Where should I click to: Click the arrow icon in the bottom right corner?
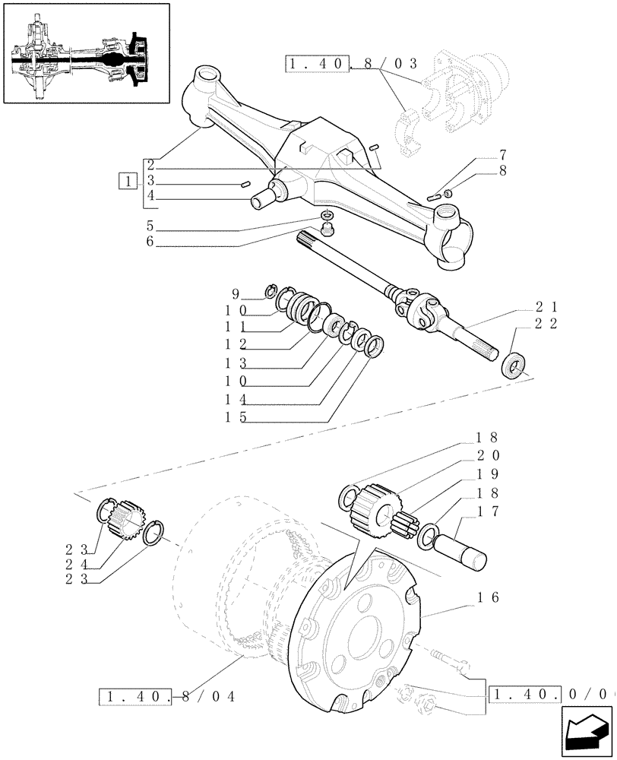[x=586, y=730]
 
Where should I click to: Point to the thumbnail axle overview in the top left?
[x=84, y=53]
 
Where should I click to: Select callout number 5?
[x=152, y=226]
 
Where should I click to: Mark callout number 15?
[x=233, y=416]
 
